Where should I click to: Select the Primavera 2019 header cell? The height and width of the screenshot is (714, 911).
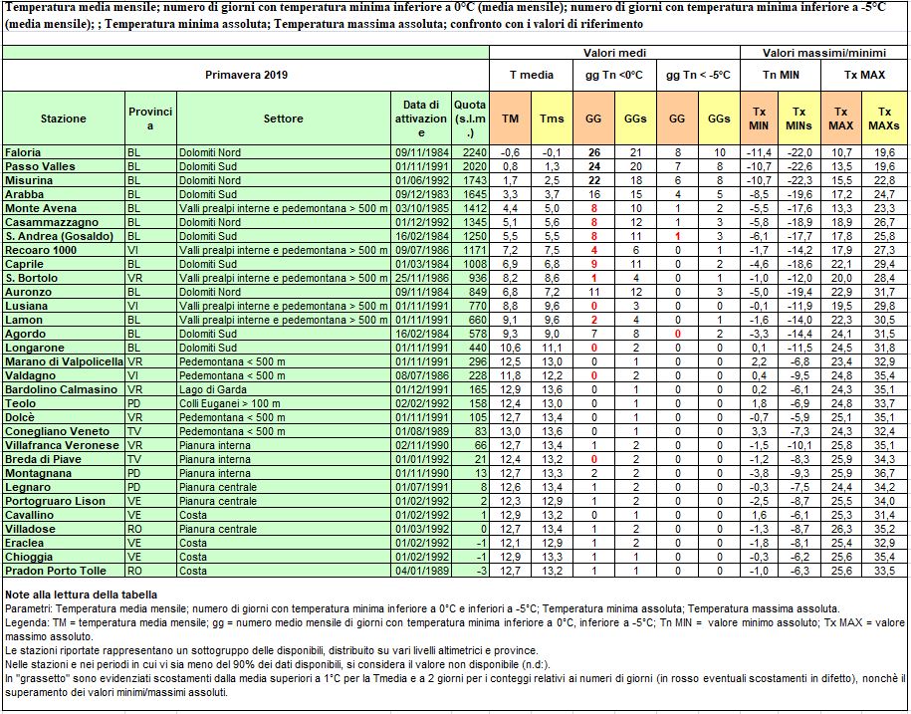point(246,76)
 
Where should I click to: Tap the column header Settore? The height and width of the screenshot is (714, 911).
point(284,119)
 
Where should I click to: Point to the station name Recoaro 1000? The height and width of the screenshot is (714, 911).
point(42,249)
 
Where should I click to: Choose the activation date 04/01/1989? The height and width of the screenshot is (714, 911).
point(420,571)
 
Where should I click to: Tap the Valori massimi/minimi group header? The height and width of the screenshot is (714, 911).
point(823,52)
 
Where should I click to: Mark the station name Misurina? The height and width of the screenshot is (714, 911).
point(29,179)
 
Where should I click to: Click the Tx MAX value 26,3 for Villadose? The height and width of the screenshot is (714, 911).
point(840,529)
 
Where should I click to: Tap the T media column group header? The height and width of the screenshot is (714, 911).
point(532,76)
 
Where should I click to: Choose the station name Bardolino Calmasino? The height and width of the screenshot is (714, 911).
point(61,389)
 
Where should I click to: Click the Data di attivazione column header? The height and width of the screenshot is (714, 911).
point(420,119)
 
